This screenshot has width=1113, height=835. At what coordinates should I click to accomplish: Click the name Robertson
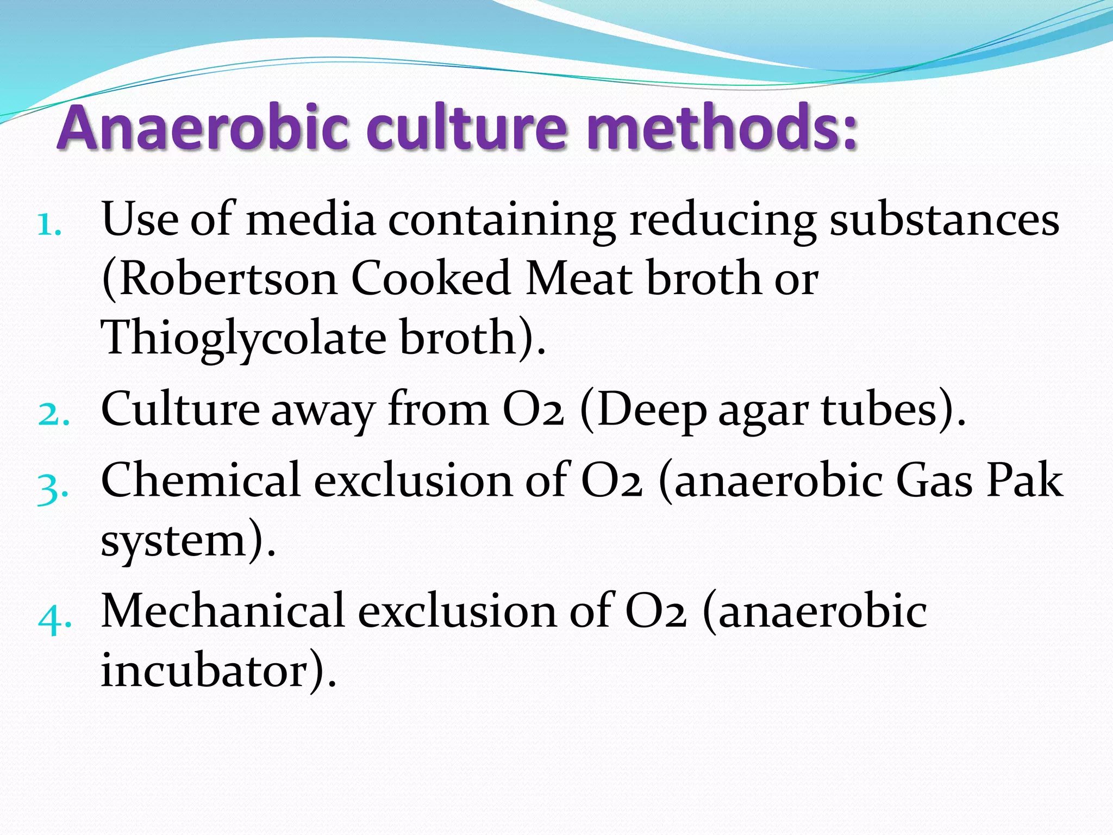[220, 278]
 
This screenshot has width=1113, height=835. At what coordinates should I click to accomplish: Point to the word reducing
[722, 221]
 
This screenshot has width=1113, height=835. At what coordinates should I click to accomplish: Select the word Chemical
[201, 480]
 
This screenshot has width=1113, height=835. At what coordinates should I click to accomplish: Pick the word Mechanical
[223, 610]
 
